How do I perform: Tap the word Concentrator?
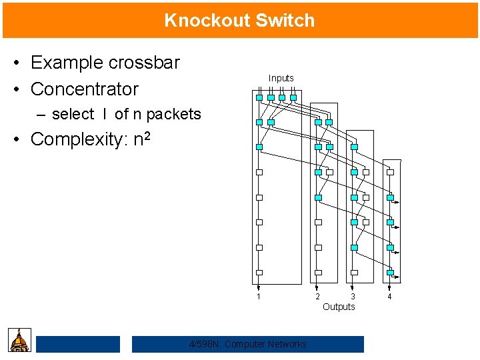tap(85, 89)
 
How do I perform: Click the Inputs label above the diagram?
tap(281, 78)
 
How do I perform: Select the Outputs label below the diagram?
tap(339, 307)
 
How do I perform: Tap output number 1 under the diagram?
tap(259, 297)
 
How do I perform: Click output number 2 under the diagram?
tap(317, 297)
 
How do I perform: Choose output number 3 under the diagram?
tap(353, 297)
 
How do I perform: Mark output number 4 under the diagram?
tap(389, 297)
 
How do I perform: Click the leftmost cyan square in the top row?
tap(259, 97)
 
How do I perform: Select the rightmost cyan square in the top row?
tap(293, 97)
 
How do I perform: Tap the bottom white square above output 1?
tap(259, 272)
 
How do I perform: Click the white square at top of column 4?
tap(391, 172)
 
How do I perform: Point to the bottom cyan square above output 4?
tap(391, 272)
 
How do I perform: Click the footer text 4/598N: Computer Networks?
tap(248, 344)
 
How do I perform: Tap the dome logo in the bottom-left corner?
tap(20, 340)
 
